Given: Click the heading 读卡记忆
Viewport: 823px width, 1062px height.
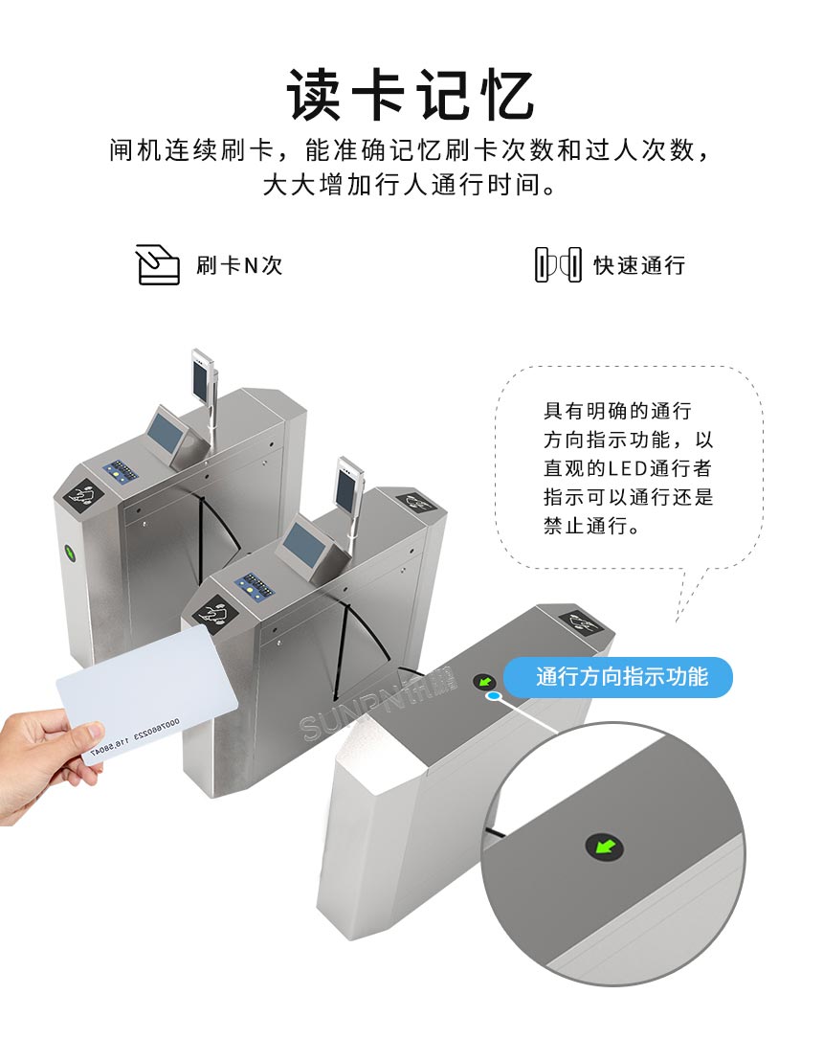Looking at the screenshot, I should tap(411, 94).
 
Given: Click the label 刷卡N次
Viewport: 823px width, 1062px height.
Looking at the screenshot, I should tap(239, 265).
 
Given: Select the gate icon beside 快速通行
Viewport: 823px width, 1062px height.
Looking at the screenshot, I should tap(558, 264).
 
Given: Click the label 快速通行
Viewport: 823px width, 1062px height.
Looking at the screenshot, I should tap(639, 265).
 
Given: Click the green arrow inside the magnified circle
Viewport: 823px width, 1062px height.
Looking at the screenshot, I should tap(604, 846).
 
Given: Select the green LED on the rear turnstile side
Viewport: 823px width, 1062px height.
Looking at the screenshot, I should tap(69, 553).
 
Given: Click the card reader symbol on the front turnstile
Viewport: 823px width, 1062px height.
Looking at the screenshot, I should tap(583, 625).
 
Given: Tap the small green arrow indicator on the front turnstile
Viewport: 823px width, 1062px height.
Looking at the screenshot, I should tap(484, 682).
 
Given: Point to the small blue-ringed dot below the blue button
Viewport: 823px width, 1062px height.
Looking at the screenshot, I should tap(493, 698).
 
